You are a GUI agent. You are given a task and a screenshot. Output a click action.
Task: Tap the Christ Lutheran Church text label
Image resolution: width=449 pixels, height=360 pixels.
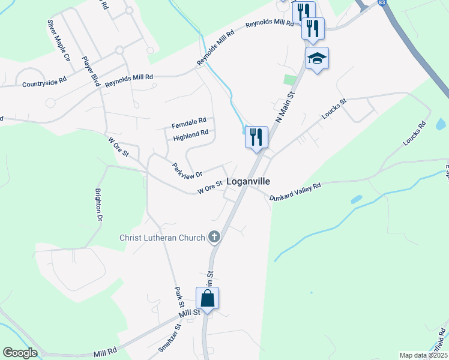pos(162,238)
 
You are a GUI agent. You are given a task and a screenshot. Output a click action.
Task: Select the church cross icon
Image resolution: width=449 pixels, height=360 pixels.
pos(214,237)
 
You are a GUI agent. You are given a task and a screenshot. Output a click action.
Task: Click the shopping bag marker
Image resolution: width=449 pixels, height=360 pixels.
pos(207,298)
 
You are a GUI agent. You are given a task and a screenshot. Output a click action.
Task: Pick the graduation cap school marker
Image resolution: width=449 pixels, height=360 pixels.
pos(316,58)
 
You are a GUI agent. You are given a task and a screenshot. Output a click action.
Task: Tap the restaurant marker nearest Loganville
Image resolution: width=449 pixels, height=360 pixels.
pos(256,137)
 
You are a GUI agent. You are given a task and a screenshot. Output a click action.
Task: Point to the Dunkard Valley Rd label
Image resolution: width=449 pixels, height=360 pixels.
pos(295,191)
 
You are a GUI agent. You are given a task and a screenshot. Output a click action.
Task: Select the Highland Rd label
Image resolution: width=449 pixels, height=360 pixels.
pos(190,136)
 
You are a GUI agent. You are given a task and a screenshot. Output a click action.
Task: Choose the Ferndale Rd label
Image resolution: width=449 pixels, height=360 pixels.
pos(189,122)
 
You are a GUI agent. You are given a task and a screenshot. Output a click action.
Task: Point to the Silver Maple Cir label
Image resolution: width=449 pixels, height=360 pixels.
pos(59,40)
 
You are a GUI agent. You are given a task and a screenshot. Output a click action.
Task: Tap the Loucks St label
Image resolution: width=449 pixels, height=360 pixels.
pos(335,109)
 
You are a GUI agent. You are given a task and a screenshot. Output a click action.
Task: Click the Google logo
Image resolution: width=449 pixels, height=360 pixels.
pos(20,353)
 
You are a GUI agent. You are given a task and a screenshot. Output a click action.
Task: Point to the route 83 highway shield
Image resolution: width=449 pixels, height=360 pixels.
pos(382,3)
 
